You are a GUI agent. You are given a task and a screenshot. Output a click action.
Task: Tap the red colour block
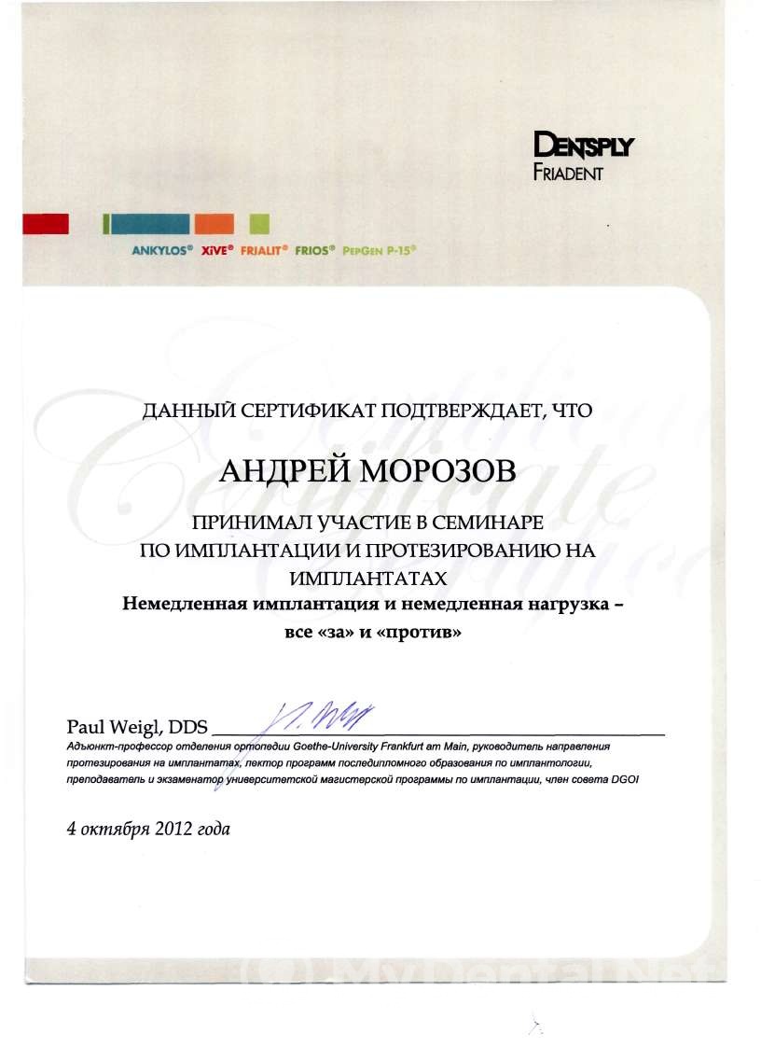point(46,223)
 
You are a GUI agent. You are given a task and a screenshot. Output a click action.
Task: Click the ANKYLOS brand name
point(162,251)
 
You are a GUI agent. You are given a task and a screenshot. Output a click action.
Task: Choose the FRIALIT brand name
point(264,251)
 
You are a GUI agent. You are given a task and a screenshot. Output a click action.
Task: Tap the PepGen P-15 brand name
point(379,251)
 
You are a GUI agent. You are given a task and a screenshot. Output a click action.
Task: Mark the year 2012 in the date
point(174,828)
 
